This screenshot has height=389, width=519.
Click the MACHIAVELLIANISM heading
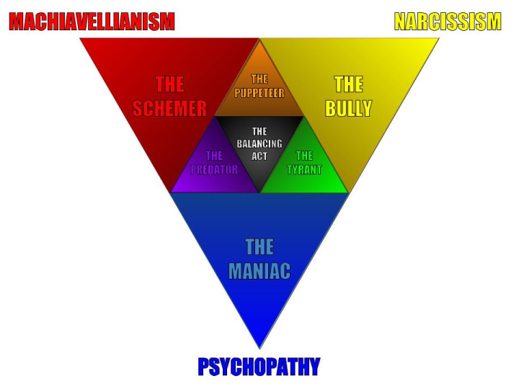point(92,22)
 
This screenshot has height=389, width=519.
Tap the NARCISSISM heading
point(448,22)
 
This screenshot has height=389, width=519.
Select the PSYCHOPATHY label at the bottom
point(259,367)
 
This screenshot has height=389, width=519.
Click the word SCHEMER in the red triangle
point(170,108)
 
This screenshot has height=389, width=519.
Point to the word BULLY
point(348,108)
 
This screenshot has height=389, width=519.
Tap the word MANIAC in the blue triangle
point(259,271)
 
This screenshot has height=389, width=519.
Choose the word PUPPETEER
point(259,93)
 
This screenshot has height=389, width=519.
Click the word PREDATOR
point(214,170)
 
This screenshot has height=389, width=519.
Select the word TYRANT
point(304,170)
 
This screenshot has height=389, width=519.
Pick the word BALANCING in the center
point(259,144)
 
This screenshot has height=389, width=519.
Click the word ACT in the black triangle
point(259,156)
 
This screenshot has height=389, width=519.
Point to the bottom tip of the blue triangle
point(259,347)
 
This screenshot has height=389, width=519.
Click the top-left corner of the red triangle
point(81,38)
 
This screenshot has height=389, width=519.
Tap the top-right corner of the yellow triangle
point(438,38)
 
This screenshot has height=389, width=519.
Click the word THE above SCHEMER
point(170,84)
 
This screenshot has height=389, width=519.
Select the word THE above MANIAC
point(259,247)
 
